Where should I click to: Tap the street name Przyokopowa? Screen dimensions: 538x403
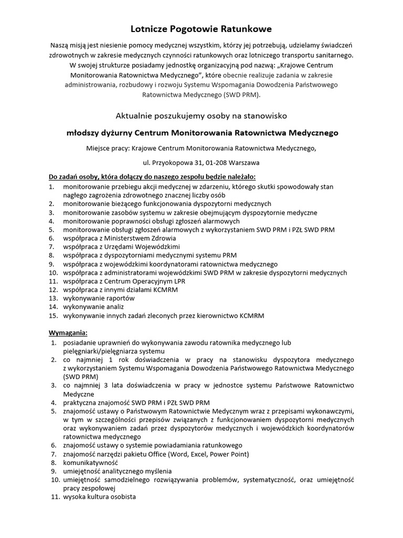(x=173, y=162)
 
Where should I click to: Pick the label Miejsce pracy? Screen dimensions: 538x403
(x=108, y=149)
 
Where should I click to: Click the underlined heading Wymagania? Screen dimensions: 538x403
(x=69, y=333)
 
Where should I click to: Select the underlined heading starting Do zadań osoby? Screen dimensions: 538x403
(x=152, y=177)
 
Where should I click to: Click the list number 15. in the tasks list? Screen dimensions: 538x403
(x=53, y=315)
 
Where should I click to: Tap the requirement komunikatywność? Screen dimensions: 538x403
(x=90, y=463)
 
